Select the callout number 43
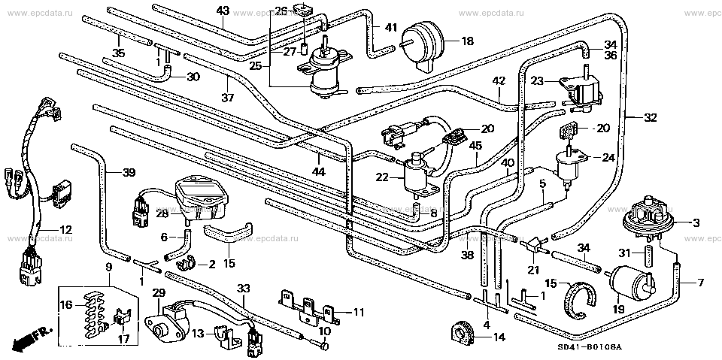(223, 11)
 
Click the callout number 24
(608, 158)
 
